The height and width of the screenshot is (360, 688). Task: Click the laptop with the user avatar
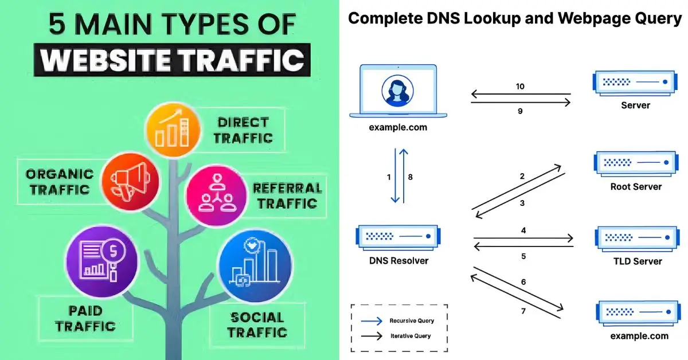click(x=398, y=92)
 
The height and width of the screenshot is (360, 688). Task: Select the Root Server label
click(x=636, y=186)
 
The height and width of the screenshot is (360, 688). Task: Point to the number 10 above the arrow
click(x=520, y=87)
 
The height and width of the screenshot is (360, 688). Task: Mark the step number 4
click(x=523, y=230)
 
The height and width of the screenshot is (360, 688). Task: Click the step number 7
click(x=523, y=311)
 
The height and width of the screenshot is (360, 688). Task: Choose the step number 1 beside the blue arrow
click(x=389, y=177)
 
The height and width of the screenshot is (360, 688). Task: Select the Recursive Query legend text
click(x=412, y=320)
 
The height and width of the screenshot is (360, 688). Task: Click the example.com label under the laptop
click(x=398, y=127)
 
